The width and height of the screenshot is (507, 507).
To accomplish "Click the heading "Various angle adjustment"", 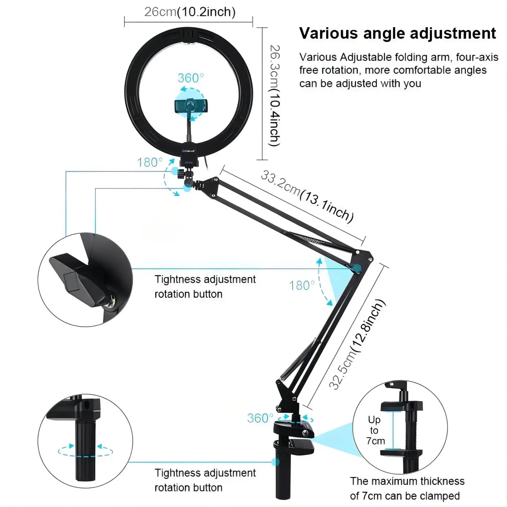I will (397, 33).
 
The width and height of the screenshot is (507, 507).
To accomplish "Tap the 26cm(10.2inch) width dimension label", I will (190, 12).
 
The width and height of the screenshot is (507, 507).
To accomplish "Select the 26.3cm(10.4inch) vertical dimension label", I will (275, 96).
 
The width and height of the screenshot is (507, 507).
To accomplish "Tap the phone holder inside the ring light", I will (191, 106).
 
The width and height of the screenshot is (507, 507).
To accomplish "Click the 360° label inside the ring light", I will (191, 78).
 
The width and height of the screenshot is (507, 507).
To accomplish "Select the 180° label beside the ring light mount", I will (150, 163).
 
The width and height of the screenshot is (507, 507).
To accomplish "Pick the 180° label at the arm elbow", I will (302, 286).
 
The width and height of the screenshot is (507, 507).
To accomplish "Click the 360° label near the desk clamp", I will (260, 418).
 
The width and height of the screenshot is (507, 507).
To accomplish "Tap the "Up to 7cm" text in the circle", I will (375, 430).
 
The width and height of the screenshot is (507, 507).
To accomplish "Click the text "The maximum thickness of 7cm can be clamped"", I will (407, 488).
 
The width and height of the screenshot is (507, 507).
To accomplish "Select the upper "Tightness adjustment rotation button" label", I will (205, 287).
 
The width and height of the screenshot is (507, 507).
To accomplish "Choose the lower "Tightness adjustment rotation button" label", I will (205, 480).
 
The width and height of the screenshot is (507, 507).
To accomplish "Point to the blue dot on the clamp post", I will (275, 462).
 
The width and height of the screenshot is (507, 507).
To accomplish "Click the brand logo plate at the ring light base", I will (189, 151).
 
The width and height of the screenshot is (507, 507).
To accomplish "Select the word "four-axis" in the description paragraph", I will (477, 57).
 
